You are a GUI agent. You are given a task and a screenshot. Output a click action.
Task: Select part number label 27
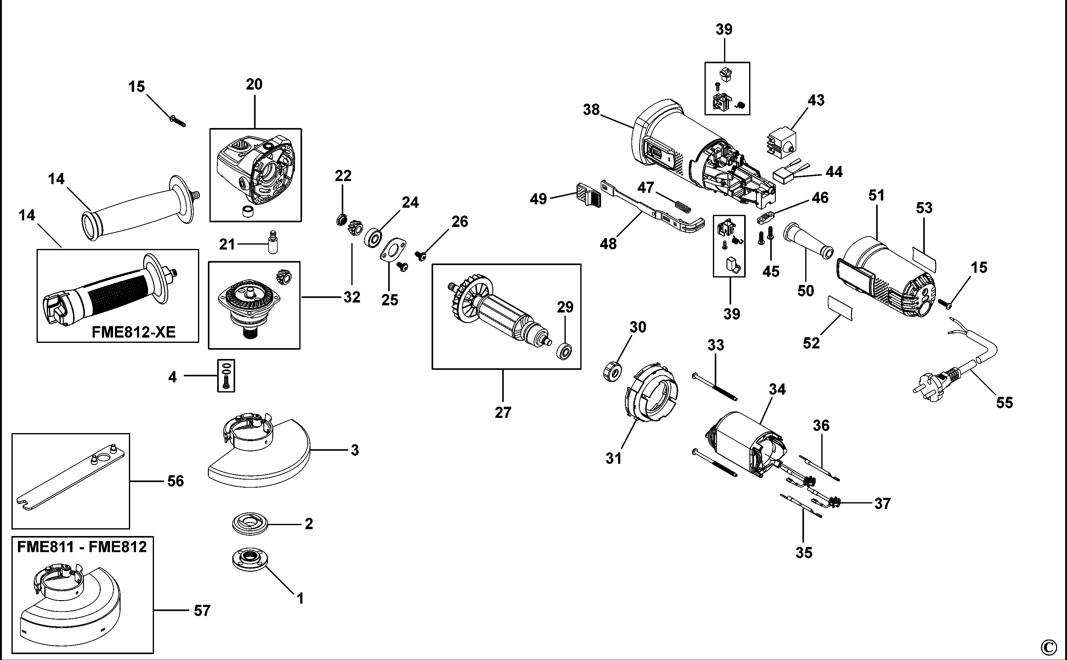click(503, 413)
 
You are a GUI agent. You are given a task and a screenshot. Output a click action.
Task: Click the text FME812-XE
click(134, 332)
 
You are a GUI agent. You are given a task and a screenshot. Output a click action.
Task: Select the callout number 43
click(816, 100)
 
